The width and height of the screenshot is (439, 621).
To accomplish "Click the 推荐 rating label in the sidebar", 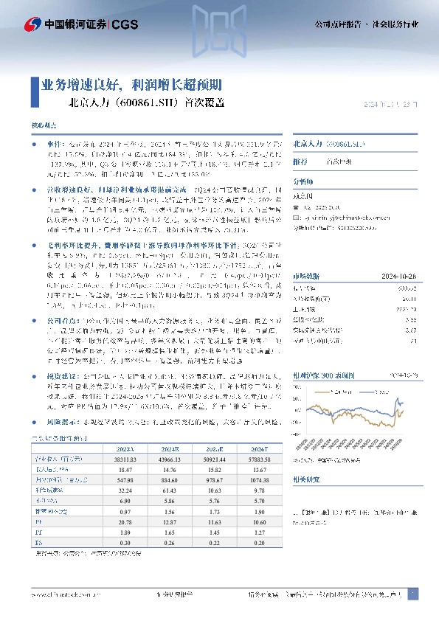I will coord(300,161).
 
